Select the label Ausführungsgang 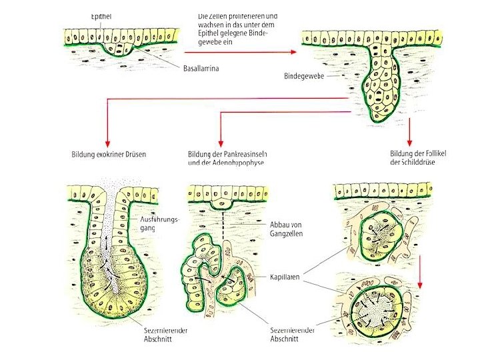pos(157,223)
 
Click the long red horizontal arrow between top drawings pos(240,52)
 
